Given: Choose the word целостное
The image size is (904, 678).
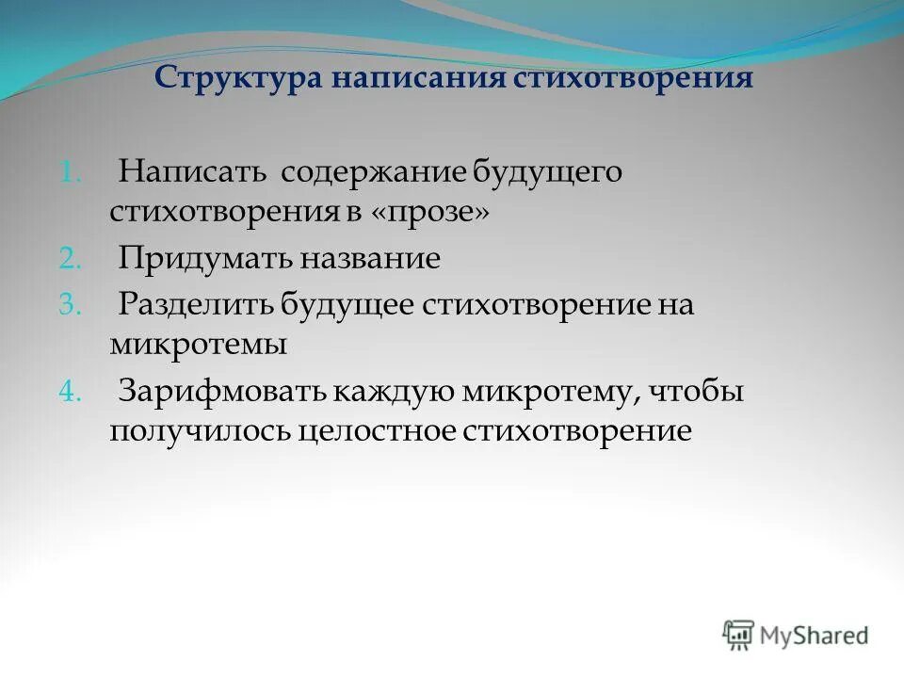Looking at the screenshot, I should [374, 430].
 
